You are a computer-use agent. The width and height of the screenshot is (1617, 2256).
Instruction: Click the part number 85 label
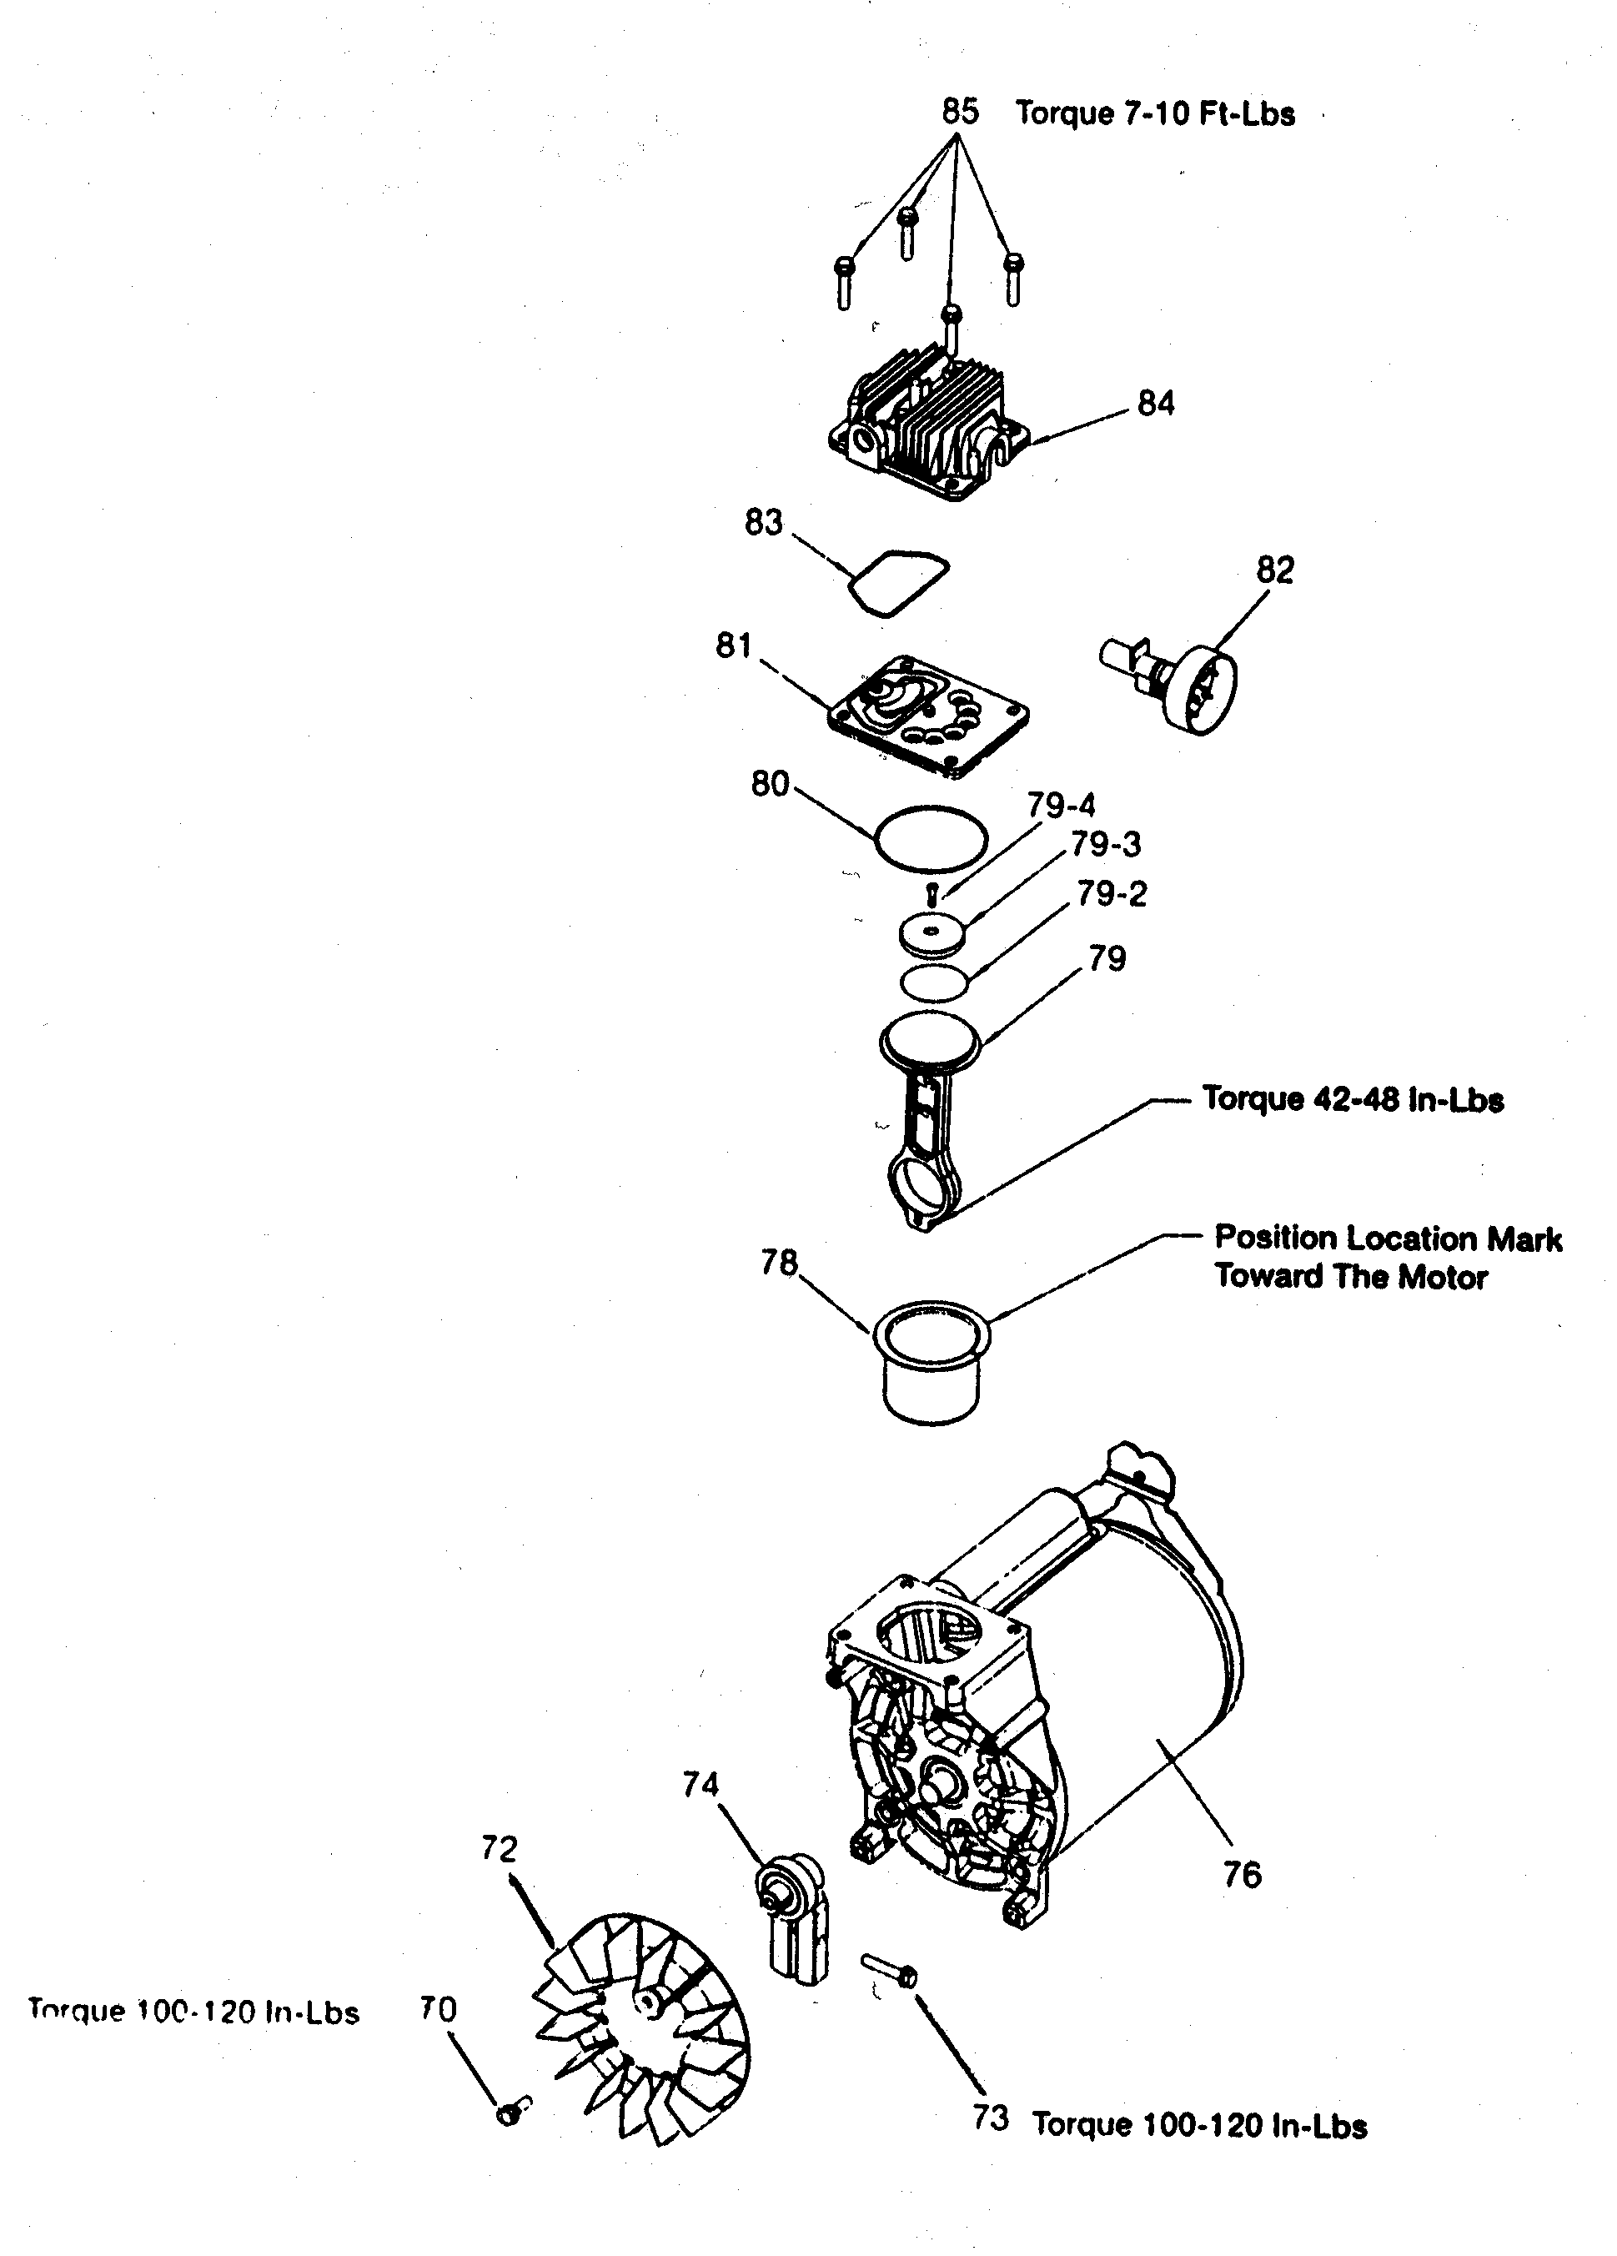[959, 110]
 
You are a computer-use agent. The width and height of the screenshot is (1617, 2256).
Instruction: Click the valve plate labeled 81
[928, 714]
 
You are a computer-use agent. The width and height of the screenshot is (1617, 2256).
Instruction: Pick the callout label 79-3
[1105, 845]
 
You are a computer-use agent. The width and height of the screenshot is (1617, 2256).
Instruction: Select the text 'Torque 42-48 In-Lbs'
[1353, 1099]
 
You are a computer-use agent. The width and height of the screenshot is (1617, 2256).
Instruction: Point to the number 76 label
[1241, 1875]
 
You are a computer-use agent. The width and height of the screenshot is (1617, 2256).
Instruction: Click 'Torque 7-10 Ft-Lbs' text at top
[1153, 113]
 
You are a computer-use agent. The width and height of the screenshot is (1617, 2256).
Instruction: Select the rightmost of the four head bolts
[1012, 278]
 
